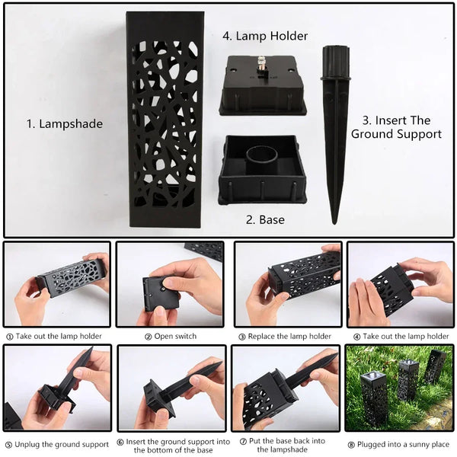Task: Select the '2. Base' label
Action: (x=265, y=220)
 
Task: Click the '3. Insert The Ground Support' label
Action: (x=395, y=127)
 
